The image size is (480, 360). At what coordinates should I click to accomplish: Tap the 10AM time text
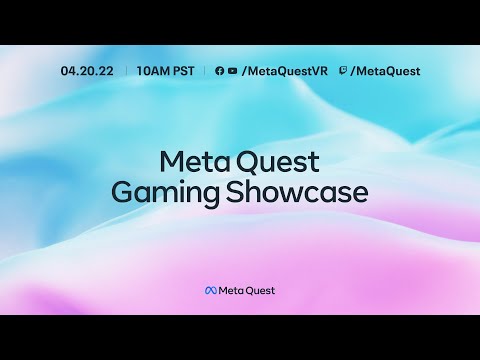click(x=151, y=71)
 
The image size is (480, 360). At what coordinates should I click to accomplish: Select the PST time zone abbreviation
click(x=182, y=71)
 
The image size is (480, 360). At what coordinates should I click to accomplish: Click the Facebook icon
click(x=220, y=71)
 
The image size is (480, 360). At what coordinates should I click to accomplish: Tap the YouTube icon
click(x=232, y=71)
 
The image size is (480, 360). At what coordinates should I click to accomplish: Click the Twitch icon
click(x=344, y=71)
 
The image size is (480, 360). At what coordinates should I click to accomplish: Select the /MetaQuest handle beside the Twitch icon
click(x=386, y=71)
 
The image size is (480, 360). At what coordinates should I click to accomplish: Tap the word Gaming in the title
click(x=159, y=193)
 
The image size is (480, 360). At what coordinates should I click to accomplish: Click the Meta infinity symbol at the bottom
click(x=210, y=291)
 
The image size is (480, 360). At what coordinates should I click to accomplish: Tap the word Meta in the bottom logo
click(x=230, y=291)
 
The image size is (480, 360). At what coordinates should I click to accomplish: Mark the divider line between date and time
click(x=126, y=71)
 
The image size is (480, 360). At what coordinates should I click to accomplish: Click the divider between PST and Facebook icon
click(x=204, y=71)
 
